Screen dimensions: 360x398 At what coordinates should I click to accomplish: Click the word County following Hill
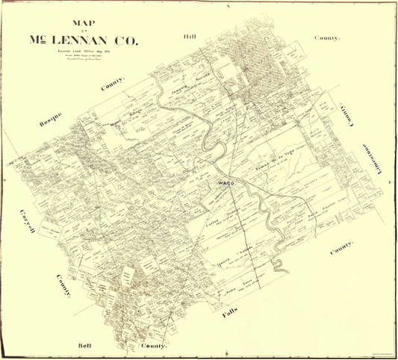(x=326, y=37)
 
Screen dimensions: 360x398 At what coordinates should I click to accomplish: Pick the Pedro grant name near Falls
(x=231, y=285)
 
